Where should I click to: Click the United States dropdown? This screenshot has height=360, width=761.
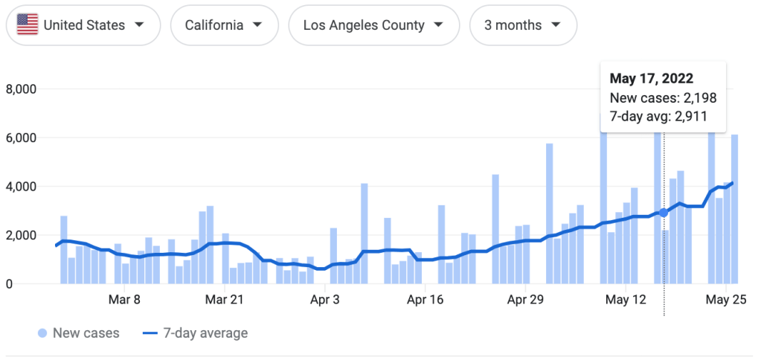(x=83, y=25)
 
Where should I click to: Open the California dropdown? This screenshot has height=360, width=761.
(x=224, y=25)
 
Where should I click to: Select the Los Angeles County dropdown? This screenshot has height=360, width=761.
(x=373, y=25)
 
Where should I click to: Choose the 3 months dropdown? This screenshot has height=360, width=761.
(x=523, y=25)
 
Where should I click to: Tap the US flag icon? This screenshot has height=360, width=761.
(x=28, y=25)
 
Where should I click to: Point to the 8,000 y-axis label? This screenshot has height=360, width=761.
(x=21, y=89)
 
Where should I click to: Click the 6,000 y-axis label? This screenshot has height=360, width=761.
(x=21, y=138)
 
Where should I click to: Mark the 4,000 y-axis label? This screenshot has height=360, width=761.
(x=21, y=187)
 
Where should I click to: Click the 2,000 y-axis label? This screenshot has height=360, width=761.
(x=21, y=235)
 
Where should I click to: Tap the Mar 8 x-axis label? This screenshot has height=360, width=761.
(x=124, y=300)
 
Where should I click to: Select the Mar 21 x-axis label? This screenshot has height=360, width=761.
(x=224, y=300)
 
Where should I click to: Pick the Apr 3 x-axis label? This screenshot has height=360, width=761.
(x=325, y=300)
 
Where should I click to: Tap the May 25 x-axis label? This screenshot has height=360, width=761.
(x=725, y=300)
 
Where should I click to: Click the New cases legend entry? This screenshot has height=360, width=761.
(x=78, y=333)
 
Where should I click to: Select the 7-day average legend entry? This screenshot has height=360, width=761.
(x=195, y=333)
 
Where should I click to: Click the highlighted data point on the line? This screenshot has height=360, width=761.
(x=664, y=213)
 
